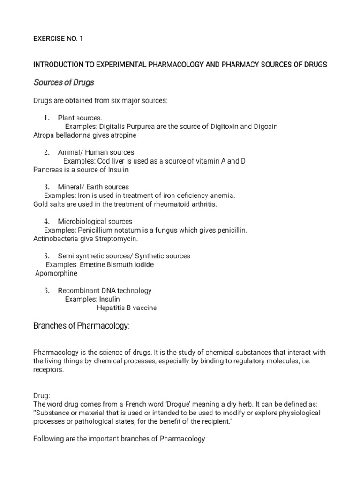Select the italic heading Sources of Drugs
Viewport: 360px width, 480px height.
coord(64,83)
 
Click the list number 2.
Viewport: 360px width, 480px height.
coord(47,152)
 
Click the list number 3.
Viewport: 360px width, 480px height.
coord(47,187)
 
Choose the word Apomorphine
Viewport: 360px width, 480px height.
coord(56,274)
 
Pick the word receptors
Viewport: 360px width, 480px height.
coord(51,369)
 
